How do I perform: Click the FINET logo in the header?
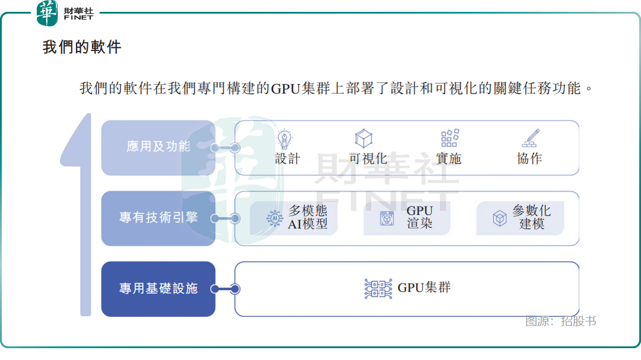pyautogui.click(x=65, y=13)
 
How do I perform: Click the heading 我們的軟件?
pyautogui.click(x=82, y=47)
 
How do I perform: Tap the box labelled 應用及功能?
pyautogui.click(x=158, y=147)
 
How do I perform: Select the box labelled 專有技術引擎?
pyautogui.click(x=158, y=218)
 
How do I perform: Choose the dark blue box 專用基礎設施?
pyautogui.click(x=158, y=289)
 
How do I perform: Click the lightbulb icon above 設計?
pyautogui.click(x=285, y=139)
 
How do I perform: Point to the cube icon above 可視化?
pyautogui.click(x=363, y=139)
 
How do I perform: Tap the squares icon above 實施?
pyautogui.click(x=450, y=138)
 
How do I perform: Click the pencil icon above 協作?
pyautogui.click(x=530, y=138)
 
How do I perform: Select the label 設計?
pyautogui.click(x=288, y=158)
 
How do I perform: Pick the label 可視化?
pyautogui.click(x=368, y=158)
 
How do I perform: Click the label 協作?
pyautogui.click(x=529, y=158)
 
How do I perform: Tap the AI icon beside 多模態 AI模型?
pyautogui.click(x=275, y=218)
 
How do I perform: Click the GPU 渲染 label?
pyautogui.click(x=420, y=217)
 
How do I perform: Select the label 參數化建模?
pyautogui.click(x=532, y=217)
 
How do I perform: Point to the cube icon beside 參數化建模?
pyautogui.click(x=500, y=218)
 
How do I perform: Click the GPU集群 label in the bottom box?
pyautogui.click(x=424, y=288)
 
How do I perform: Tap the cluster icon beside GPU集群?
pyautogui.click(x=378, y=289)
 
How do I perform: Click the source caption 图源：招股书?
pyautogui.click(x=560, y=321)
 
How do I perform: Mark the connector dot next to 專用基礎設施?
pyautogui.click(x=235, y=289)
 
